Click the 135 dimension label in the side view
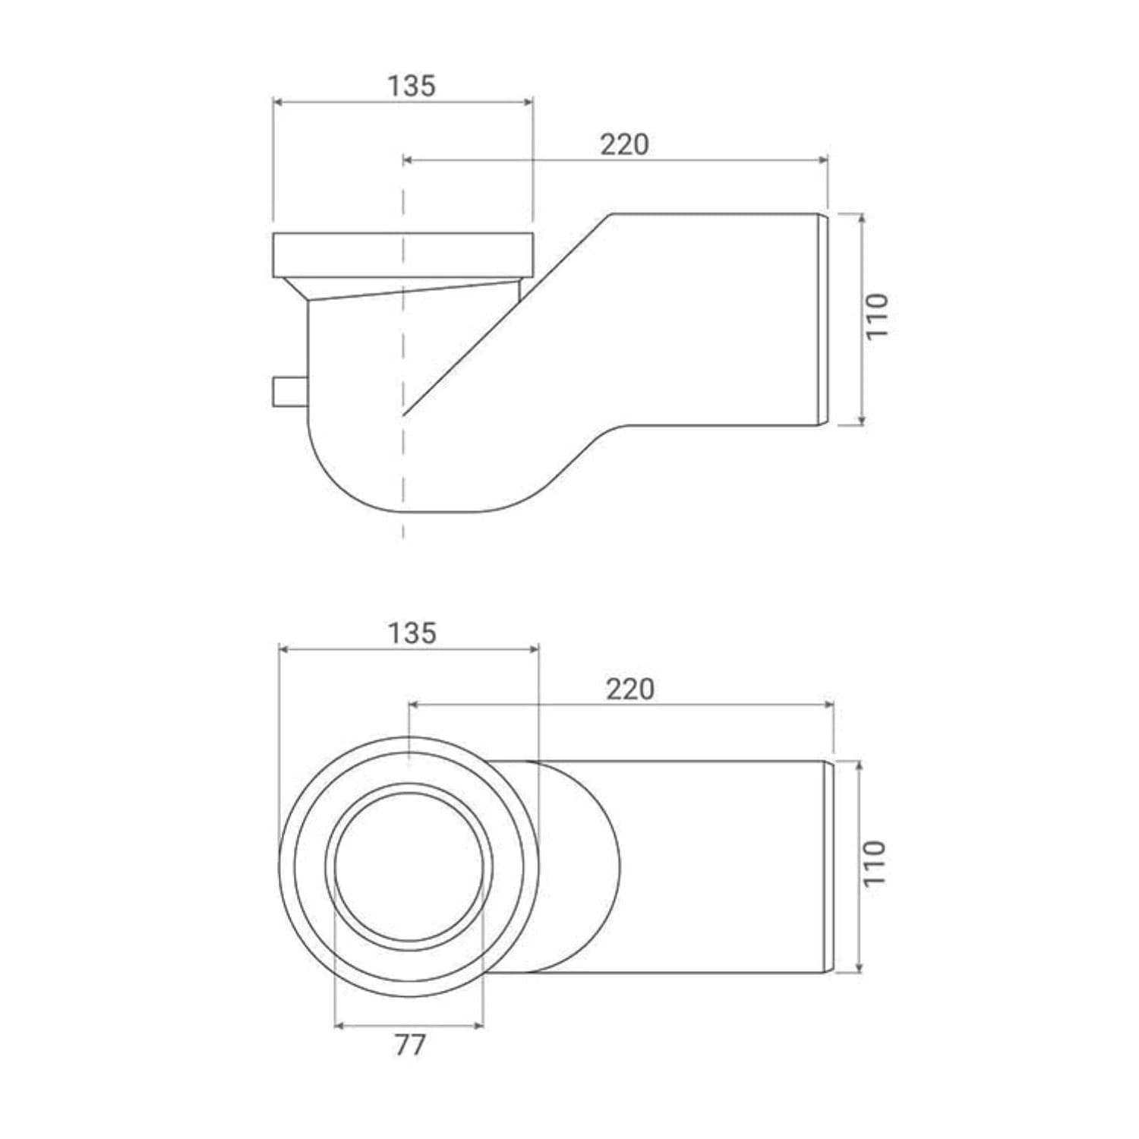[x=412, y=86]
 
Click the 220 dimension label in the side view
[x=624, y=144]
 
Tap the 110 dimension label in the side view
[x=876, y=317]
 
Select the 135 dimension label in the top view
[x=412, y=633]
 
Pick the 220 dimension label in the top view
[x=629, y=689]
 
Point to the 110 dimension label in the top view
[x=875, y=863]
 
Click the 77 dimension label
[x=410, y=1045]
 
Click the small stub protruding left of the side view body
[x=289, y=391]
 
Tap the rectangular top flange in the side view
[x=403, y=254]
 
